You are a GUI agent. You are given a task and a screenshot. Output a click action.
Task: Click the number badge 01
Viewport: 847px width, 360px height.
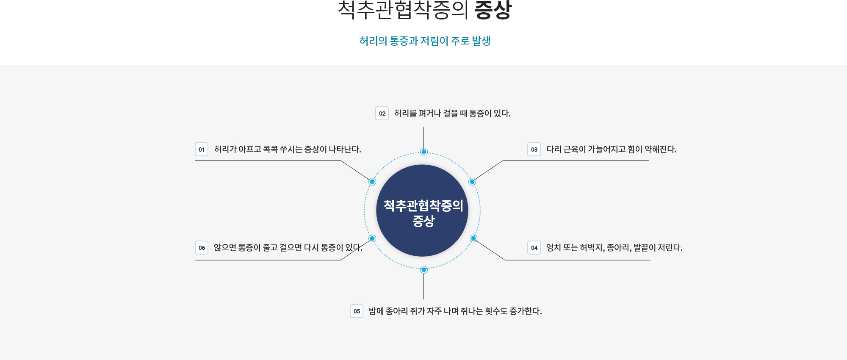(202, 150)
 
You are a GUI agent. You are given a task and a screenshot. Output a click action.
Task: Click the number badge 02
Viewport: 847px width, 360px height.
(382, 114)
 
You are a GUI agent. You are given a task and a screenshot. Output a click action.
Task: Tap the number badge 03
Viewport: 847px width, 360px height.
(534, 150)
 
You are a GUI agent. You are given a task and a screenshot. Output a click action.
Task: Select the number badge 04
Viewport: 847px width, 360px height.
(534, 248)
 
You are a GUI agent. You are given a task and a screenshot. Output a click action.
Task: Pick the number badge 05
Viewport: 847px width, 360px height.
(357, 311)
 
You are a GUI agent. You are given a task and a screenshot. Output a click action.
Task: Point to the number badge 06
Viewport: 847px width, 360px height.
(202, 248)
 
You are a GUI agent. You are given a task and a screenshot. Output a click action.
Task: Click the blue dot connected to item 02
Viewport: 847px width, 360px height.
(423, 152)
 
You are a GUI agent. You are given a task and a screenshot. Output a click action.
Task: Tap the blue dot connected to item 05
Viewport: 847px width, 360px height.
(423, 270)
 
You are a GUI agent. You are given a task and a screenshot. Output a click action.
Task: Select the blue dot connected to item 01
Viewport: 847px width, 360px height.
(372, 182)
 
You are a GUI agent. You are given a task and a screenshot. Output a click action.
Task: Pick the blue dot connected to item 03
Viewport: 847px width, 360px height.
(472, 182)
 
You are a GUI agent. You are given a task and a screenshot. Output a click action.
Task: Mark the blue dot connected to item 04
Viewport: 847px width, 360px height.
(473, 238)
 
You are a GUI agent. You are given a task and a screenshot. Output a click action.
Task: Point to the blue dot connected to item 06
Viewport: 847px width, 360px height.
(372, 238)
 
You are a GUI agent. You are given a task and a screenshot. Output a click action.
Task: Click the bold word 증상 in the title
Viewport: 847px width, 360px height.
(493, 10)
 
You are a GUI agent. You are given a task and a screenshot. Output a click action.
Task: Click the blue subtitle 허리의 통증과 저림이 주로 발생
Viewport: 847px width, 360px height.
(425, 41)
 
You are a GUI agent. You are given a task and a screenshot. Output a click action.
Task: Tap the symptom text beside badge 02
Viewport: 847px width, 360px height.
(452, 114)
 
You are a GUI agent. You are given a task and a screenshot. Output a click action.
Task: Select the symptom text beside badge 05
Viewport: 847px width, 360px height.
(455, 311)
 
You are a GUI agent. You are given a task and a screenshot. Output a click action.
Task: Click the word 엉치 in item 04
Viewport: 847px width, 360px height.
(554, 248)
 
